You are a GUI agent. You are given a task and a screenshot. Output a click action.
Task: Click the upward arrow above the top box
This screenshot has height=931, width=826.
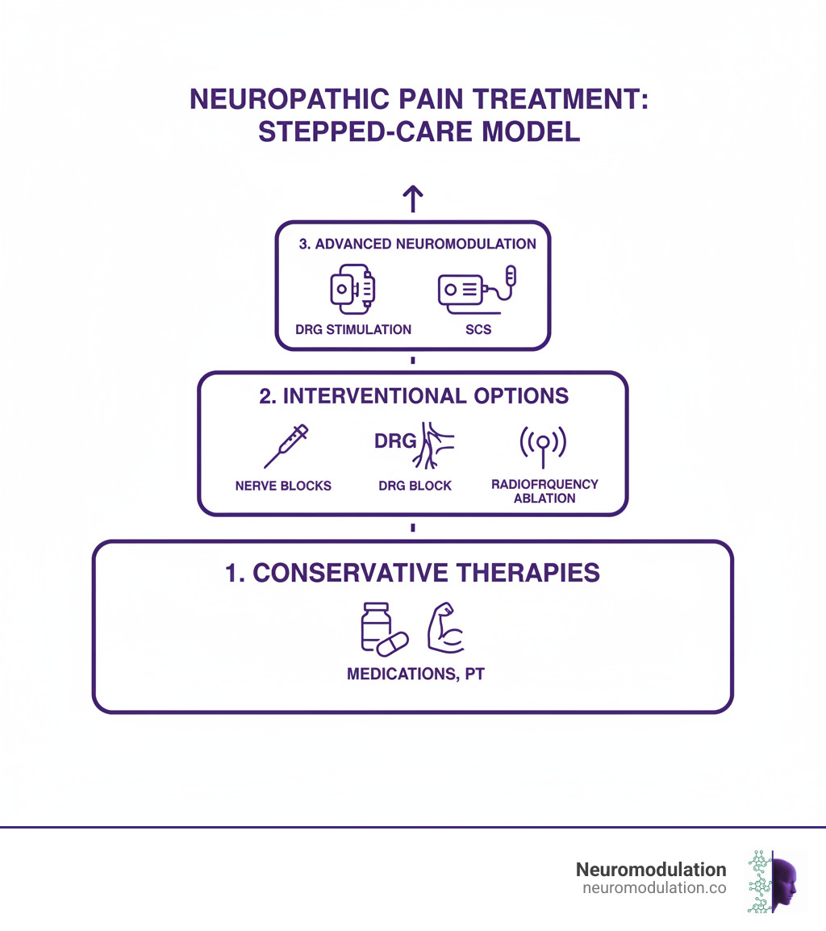click(413, 198)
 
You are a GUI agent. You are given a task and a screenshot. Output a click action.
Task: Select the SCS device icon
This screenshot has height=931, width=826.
click(476, 290)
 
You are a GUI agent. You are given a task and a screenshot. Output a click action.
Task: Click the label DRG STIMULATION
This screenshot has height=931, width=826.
click(353, 330)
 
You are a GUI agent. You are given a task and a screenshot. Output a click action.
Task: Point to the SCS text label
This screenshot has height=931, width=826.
click(478, 330)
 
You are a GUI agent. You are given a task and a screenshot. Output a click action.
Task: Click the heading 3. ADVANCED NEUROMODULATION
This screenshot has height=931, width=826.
click(413, 244)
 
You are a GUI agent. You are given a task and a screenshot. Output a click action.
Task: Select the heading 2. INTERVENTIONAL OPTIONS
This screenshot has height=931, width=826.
click(413, 396)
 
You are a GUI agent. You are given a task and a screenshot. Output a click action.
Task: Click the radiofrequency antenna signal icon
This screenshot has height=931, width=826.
click(544, 445)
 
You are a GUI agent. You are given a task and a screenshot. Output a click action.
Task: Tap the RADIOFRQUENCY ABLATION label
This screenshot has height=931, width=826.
click(544, 491)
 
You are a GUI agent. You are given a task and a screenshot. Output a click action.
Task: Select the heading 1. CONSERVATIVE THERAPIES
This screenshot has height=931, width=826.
click(413, 573)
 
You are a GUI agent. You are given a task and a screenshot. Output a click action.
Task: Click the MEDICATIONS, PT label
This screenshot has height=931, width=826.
click(415, 674)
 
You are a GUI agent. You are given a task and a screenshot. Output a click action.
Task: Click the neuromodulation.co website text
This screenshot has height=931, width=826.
click(653, 888)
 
